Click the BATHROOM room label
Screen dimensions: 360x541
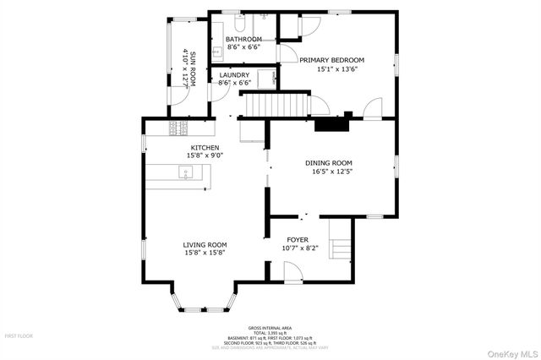243,40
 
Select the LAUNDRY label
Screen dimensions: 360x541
234,74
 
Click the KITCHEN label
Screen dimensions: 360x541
205,147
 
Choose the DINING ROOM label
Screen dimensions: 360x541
329,162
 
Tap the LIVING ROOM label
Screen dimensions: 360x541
205,245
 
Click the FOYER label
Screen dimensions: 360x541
298,239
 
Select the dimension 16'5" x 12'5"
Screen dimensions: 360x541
331,172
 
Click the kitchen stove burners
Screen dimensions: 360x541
179,128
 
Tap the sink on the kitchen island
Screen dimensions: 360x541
186,173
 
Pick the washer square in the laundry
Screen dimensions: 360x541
268,79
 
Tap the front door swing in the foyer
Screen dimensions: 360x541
292,271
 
